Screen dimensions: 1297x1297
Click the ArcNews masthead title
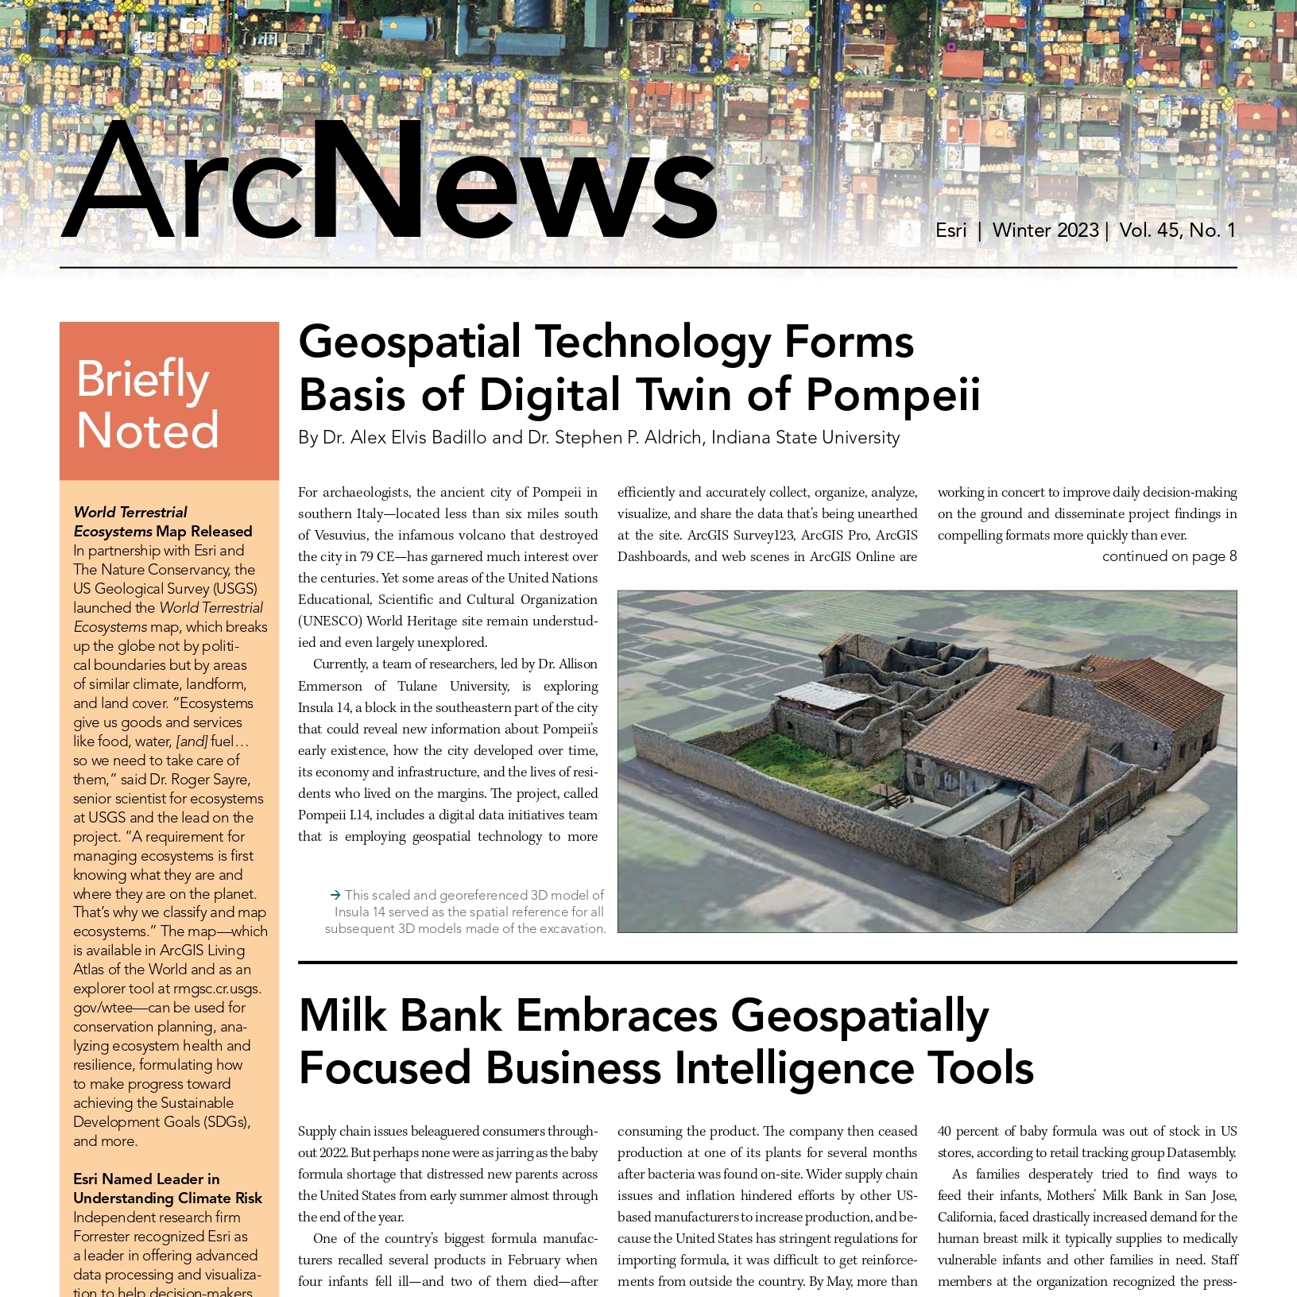click(x=389, y=183)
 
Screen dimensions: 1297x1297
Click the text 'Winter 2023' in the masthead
click(x=1045, y=230)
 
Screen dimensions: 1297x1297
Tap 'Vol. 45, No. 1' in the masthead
click(x=1177, y=230)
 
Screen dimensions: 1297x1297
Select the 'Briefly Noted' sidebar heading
click(x=147, y=404)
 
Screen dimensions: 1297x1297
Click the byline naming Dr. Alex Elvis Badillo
click(x=598, y=438)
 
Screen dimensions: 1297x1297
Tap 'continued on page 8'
click(x=1169, y=556)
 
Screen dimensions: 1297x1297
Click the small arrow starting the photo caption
click(x=335, y=895)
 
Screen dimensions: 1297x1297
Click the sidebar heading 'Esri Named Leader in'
click(x=146, y=1179)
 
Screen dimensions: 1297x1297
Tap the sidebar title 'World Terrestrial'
click(x=130, y=512)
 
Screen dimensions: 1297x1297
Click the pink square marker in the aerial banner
click(x=951, y=48)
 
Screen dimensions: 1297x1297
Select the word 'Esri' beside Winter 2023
click(x=950, y=230)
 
